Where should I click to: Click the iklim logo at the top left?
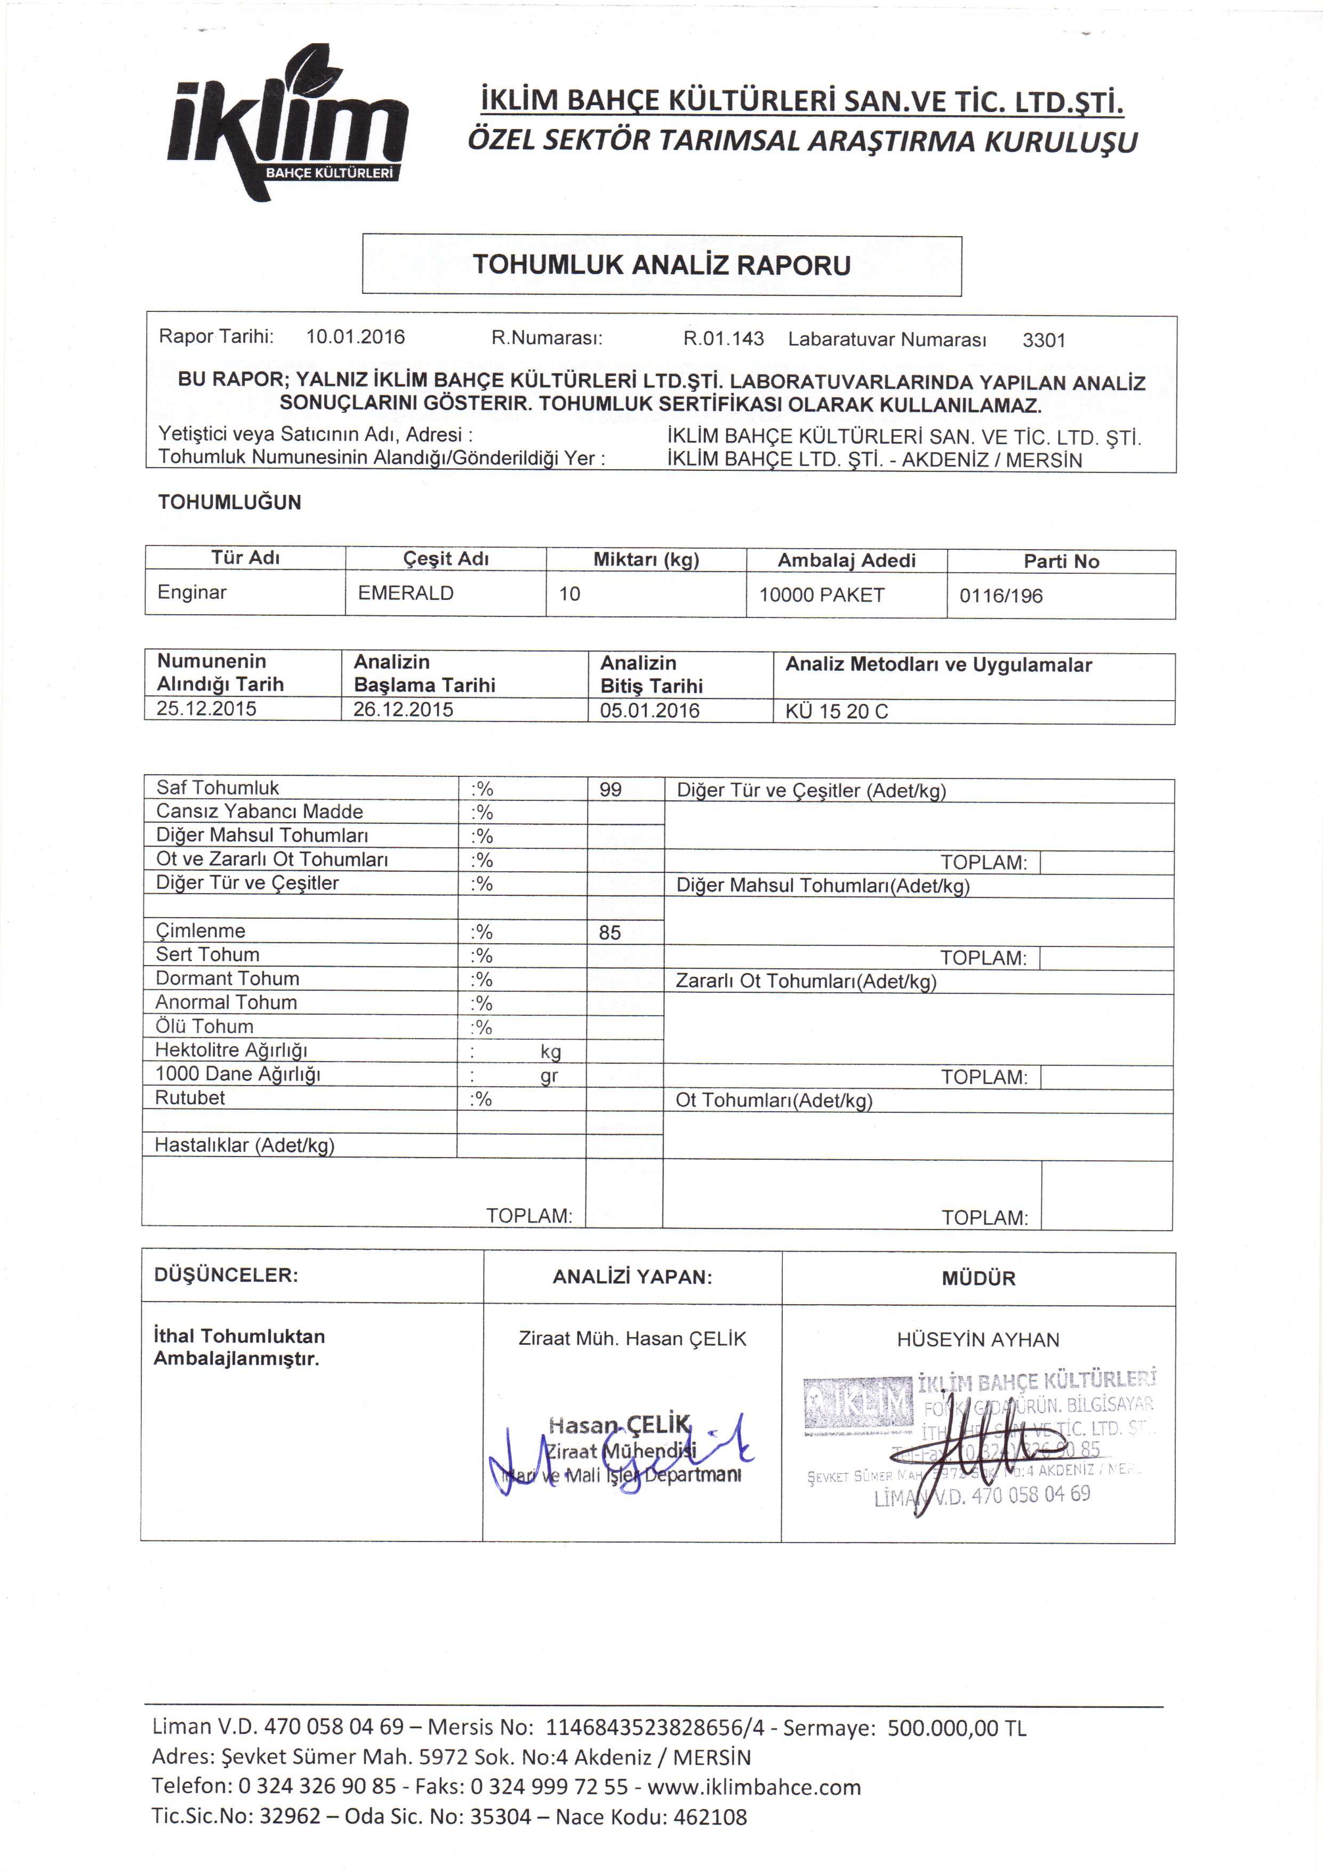point(285,122)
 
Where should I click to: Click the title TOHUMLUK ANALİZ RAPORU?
point(661,265)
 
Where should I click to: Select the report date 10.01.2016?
point(355,336)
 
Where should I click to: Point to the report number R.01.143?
point(723,338)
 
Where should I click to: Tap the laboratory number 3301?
point(1044,340)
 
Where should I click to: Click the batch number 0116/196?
point(1000,596)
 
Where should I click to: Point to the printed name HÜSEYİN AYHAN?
point(977,1340)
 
